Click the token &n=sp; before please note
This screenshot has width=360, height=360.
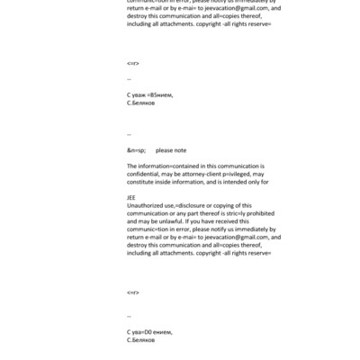pyautogui.click(x=136, y=150)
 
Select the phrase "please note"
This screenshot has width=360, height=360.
pyautogui.click(x=171, y=150)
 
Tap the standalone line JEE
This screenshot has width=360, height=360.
pyautogui.click(x=131, y=198)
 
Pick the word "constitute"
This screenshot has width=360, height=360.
pyautogui.click(x=142, y=182)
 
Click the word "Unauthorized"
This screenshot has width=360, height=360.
pyautogui.click(x=148, y=206)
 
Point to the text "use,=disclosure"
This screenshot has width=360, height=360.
pyautogui.click(x=188, y=206)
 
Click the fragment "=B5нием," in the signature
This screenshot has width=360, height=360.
pyautogui.click(x=158, y=94)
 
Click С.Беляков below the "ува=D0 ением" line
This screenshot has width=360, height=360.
pyautogui.click(x=142, y=340)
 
